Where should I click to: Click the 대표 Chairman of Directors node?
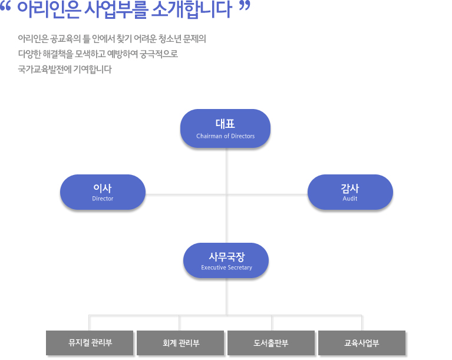click(225, 128)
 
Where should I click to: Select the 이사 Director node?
click(103, 192)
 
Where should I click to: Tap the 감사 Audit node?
click(350, 192)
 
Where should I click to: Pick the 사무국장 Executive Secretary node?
click(226, 260)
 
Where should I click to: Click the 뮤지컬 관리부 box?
click(90, 343)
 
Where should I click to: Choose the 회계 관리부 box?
click(180, 343)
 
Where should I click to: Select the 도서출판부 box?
click(271, 343)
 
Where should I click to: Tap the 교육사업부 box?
click(362, 343)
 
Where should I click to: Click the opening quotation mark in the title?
click(5, 7)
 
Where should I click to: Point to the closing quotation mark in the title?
click(245, 6)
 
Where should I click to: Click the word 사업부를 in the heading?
click(117, 10)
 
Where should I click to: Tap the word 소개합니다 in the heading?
click(192, 10)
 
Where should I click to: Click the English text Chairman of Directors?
click(226, 136)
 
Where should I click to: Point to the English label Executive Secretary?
click(226, 267)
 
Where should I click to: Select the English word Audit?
click(350, 199)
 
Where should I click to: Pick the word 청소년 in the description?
click(169, 39)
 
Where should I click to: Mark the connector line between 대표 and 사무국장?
click(226, 196)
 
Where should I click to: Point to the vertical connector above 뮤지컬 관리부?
click(89, 323)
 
